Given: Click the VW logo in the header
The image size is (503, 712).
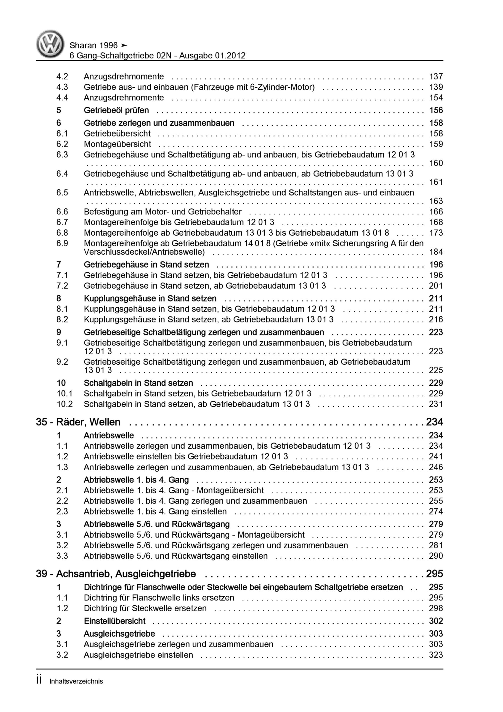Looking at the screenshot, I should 50,44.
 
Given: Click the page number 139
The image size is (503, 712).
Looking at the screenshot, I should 436,87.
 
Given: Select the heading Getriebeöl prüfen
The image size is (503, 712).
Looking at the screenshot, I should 116,110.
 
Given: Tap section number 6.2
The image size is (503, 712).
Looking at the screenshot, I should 62,144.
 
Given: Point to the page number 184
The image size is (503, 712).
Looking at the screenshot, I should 436,252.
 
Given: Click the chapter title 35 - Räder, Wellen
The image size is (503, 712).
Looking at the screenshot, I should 78,422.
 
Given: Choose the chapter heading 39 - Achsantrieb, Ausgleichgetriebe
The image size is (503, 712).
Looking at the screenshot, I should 116,574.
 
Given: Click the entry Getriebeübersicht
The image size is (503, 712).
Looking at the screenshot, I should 117,134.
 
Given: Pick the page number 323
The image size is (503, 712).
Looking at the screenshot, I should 436,655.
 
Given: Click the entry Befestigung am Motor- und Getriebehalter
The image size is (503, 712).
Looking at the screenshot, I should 162,212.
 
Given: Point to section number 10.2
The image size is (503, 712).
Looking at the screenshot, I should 64,404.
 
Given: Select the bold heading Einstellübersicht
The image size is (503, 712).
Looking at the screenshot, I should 115,621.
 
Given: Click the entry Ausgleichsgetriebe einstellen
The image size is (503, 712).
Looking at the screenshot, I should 138,655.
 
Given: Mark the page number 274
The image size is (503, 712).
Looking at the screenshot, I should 436,511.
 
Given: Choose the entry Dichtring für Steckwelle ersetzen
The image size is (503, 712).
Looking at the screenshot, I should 145,609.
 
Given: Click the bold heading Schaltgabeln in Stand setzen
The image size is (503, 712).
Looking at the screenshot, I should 138,383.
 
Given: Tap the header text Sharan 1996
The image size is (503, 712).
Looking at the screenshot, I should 94,46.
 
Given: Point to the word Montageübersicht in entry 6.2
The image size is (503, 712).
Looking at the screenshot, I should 117,144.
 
